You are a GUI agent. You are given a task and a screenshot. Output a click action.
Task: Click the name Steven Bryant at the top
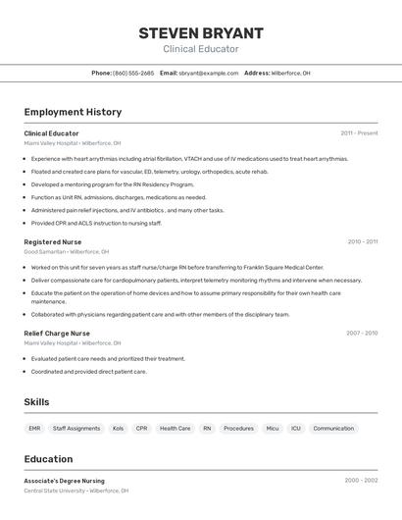click(200, 32)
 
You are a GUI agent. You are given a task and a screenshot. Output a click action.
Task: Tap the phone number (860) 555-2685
click(133, 73)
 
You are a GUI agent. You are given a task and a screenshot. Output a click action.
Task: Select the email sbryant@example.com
click(209, 73)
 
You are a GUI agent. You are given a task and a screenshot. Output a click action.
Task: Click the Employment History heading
click(73, 112)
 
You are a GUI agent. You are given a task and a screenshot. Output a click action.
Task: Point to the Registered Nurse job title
click(53, 241)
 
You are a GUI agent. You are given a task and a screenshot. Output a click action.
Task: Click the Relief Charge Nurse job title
click(57, 333)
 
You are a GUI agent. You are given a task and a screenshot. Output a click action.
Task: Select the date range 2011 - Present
click(359, 132)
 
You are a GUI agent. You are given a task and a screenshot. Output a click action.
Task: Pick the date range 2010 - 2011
click(362, 241)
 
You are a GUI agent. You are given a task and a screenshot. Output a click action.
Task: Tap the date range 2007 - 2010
click(362, 333)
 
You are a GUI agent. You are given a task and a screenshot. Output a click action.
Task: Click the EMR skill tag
click(34, 428)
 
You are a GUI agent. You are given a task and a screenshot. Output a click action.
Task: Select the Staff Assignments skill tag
click(76, 428)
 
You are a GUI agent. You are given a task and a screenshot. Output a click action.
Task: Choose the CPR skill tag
click(142, 428)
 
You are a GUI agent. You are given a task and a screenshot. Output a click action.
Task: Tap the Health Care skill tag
click(176, 428)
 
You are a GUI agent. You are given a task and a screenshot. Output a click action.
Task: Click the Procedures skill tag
click(238, 428)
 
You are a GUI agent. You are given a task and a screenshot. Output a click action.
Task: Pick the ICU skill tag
click(296, 428)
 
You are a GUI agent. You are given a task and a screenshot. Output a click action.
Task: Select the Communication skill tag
click(333, 428)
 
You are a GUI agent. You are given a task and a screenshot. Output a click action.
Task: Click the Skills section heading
click(36, 402)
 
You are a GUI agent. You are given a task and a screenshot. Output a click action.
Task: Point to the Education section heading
click(48, 459)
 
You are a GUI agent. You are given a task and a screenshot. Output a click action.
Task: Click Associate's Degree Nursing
click(64, 481)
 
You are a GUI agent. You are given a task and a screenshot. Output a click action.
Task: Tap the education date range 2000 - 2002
click(361, 481)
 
